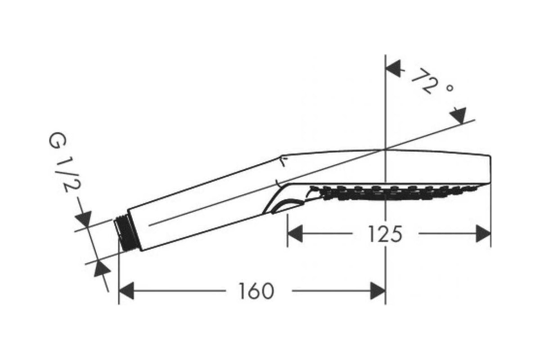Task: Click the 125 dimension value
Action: [386, 234]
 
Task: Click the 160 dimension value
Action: [256, 291]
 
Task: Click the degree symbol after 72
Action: [450, 88]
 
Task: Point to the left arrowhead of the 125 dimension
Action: [295, 234]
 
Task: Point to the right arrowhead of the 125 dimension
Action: [483, 234]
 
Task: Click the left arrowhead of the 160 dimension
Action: [126, 291]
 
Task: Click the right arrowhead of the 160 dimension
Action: [378, 291]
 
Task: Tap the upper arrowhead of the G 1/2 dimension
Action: [84, 218]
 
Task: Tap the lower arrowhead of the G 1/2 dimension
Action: [102, 268]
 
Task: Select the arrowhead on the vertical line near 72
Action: [393, 69]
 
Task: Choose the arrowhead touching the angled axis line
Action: [459, 116]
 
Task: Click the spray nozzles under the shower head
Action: [396, 193]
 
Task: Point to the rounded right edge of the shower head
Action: [490, 170]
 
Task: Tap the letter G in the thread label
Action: [57, 140]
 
